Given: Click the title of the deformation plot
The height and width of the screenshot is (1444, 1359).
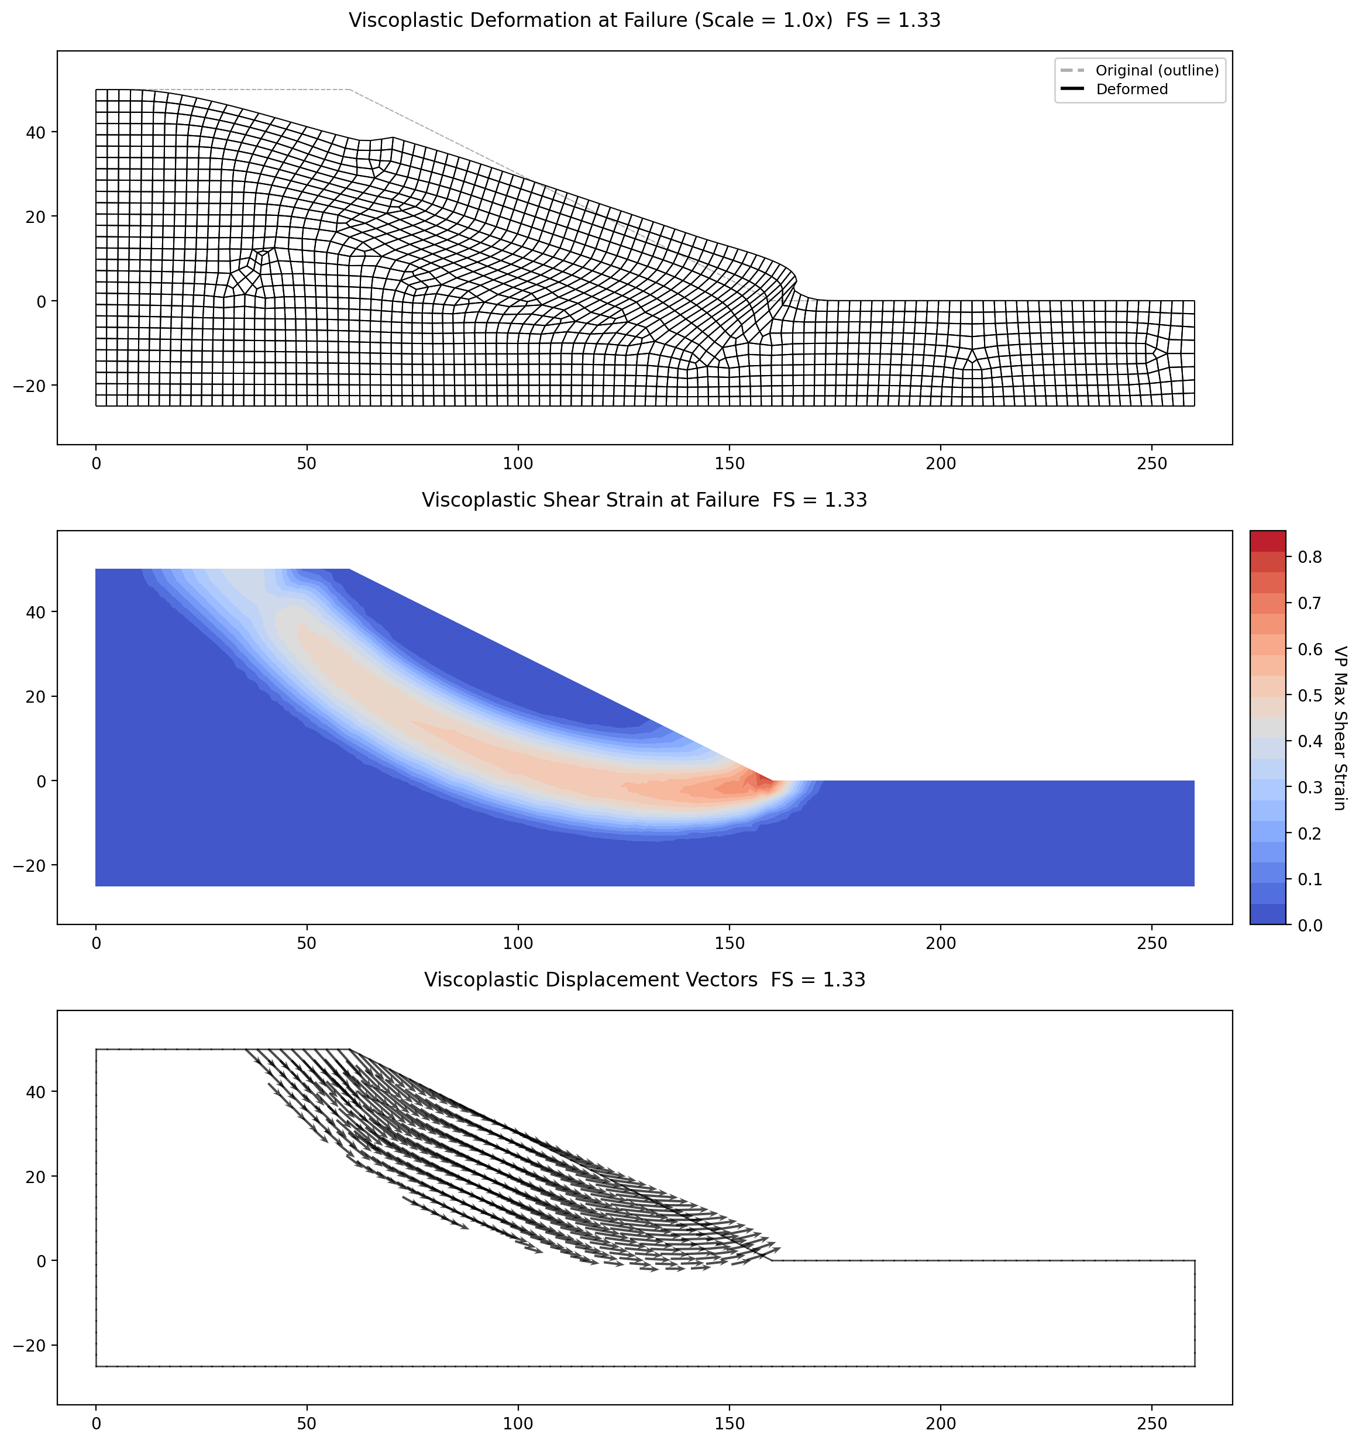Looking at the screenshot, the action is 644,20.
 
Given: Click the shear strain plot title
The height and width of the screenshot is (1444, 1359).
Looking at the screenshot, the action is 644,500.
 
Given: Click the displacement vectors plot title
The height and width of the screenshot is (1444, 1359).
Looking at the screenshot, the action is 644,980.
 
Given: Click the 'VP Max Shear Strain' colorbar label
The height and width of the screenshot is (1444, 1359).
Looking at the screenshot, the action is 1341,728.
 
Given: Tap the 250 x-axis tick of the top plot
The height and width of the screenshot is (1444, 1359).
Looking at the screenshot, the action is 1151,463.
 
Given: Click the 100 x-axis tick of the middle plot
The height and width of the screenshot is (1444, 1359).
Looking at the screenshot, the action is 518,944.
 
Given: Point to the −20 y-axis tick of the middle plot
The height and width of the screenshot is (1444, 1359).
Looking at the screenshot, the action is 30,866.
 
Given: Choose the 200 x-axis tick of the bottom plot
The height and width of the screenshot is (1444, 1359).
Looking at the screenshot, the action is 941,1423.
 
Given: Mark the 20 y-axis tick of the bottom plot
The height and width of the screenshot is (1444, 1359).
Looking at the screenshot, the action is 37,1177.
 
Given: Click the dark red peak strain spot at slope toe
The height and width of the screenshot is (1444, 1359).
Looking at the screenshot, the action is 763,780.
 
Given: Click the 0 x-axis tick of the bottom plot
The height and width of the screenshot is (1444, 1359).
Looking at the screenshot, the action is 96,1423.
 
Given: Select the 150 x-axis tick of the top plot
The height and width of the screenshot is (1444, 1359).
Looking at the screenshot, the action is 730,463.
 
